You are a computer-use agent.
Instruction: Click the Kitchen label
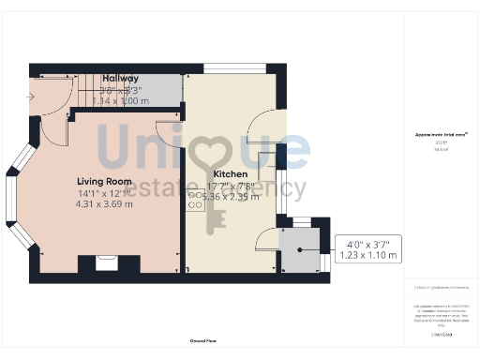231,174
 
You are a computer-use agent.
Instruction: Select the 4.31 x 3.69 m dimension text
104,203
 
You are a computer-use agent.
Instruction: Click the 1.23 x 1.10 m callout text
367,254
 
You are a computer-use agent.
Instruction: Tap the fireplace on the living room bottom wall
106,263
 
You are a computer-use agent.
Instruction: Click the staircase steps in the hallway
103,90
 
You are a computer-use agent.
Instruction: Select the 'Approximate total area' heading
441,135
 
